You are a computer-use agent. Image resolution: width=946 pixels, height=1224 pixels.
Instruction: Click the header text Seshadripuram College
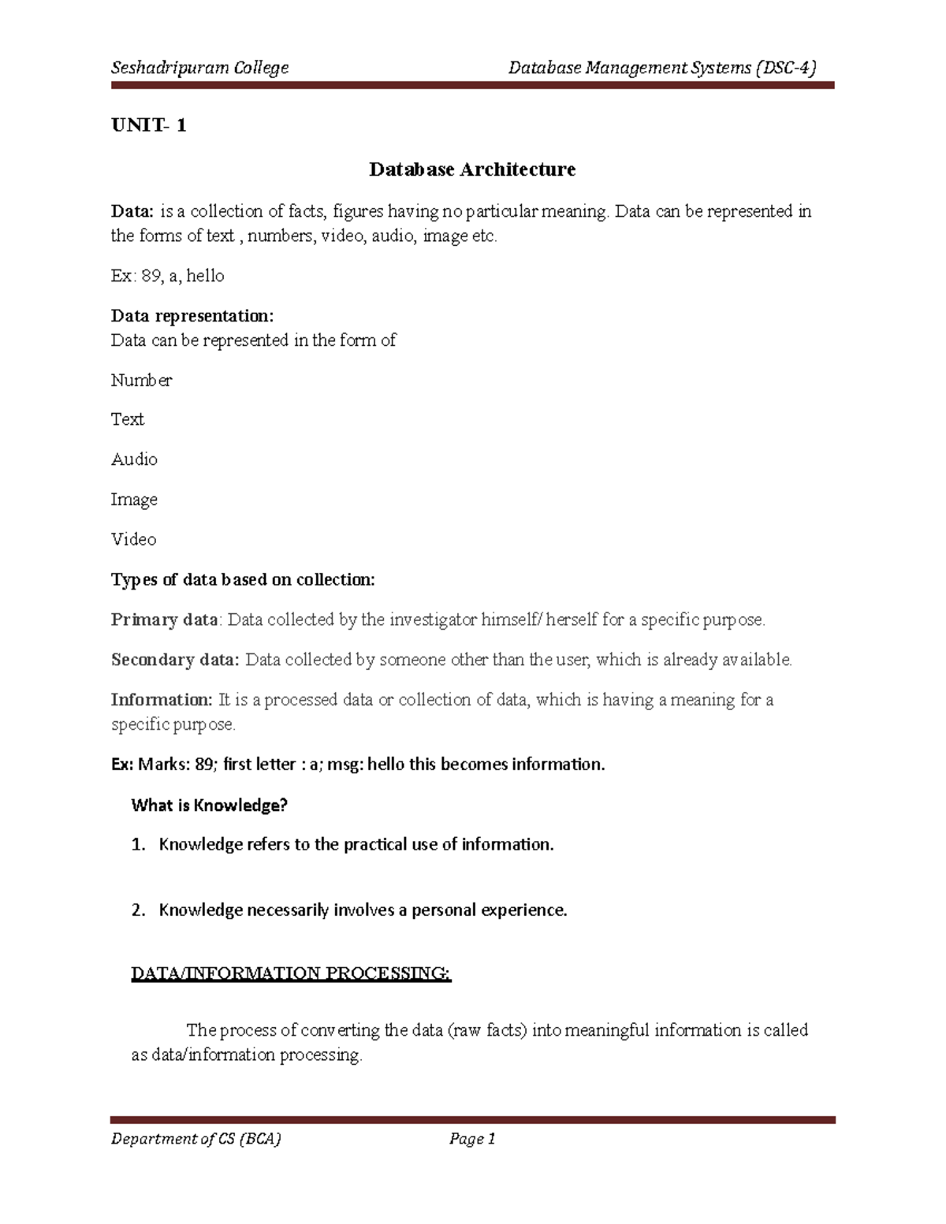tap(199, 68)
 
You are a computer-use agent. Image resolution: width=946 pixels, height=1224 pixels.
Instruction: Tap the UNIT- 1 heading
tap(148, 125)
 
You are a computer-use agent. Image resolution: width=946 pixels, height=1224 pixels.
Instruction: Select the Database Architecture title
tap(472, 169)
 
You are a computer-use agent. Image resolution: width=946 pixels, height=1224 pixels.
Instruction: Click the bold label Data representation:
tap(192, 316)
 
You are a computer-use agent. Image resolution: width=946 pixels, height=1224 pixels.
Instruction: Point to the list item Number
tap(141, 380)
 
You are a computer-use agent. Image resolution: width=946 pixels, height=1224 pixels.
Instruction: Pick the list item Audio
tap(134, 459)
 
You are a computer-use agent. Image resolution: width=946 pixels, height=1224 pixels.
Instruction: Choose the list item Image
tap(134, 500)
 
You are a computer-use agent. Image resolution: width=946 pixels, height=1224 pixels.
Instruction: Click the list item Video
tap(133, 540)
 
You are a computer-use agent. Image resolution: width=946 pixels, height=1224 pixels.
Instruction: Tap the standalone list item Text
tap(127, 419)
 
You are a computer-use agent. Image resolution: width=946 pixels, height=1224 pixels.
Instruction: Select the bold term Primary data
tap(164, 619)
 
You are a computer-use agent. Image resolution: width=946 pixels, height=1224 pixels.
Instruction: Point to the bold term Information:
tap(162, 700)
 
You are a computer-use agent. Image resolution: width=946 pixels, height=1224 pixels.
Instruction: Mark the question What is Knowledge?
tap(209, 805)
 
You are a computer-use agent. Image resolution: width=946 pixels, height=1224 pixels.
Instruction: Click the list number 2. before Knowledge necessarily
tap(138, 910)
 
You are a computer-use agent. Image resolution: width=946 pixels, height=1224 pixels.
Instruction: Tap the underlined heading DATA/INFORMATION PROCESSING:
tap(291, 973)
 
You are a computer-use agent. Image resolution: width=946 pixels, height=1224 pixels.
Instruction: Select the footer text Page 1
tap(471, 1138)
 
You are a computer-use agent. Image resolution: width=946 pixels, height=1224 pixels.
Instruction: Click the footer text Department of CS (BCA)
tap(196, 1138)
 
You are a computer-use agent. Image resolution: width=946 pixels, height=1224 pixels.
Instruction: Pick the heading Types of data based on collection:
tap(243, 580)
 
